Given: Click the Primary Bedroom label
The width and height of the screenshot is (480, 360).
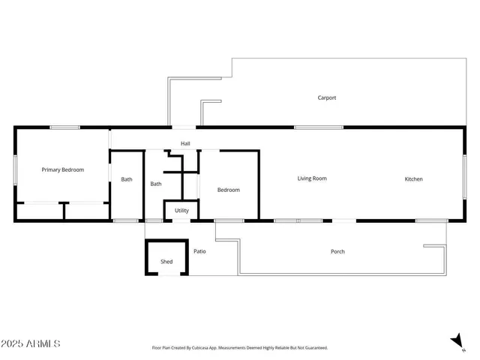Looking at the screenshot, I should tap(62, 170).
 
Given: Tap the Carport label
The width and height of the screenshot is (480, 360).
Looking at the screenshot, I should tap(326, 98).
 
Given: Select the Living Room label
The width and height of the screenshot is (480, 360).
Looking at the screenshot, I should tap(312, 178).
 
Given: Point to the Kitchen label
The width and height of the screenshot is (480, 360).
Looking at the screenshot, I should tap(413, 179).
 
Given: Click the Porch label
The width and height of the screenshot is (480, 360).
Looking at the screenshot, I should tap(337, 252).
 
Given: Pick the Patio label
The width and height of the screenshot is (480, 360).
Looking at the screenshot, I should tap(199, 251).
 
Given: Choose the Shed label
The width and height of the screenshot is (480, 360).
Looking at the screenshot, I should tap(166, 262).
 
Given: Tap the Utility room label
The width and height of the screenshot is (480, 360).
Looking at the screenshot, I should tap(181, 211).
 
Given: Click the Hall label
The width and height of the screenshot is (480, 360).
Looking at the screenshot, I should tap(185, 143).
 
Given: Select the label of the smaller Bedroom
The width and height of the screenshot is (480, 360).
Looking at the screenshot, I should tap(229, 190).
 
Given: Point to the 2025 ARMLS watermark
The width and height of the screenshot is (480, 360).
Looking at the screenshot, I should tap(31, 344).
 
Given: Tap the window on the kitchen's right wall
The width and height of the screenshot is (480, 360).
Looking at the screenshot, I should tap(464, 178).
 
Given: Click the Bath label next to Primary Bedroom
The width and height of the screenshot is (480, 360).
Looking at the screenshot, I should tap(127, 179).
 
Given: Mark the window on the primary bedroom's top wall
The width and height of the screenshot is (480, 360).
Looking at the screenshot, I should tap(65, 127).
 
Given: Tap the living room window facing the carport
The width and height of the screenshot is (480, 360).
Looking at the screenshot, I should tap(319, 127).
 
